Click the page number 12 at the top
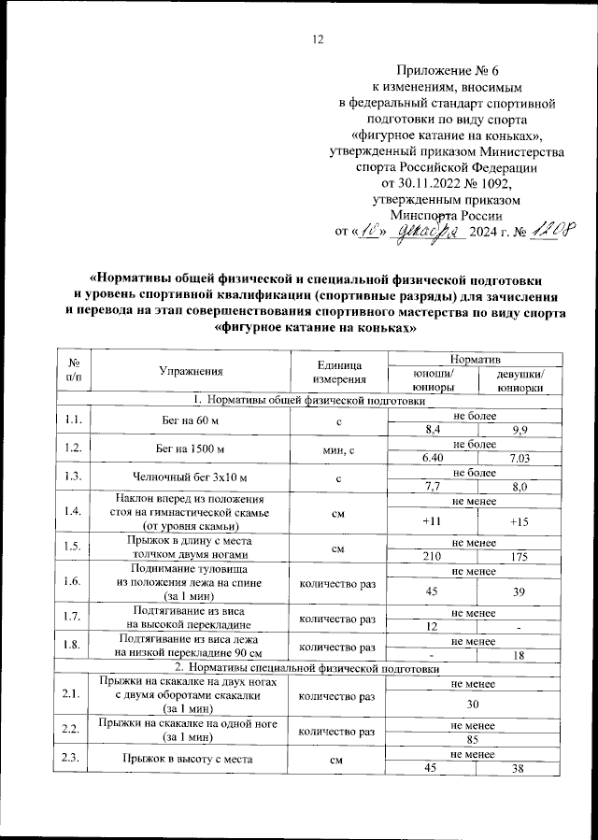pos(318,39)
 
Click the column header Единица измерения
pos(338,372)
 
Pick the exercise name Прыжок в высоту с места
pos(190,761)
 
